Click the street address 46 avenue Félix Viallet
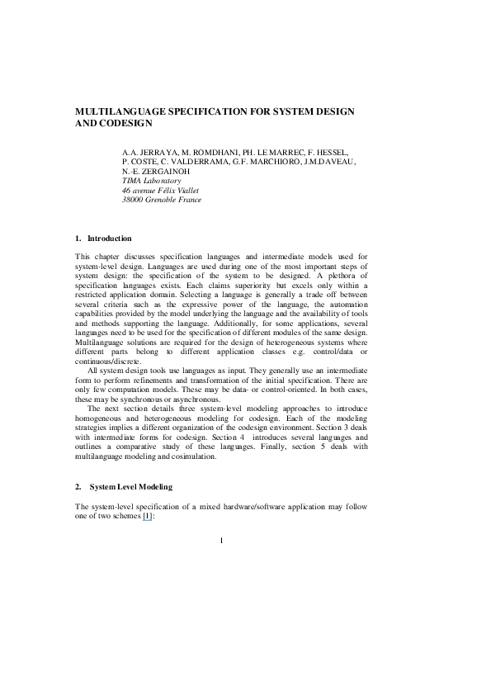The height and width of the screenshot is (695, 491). coord(160,190)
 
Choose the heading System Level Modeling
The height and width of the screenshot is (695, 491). coord(130,487)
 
